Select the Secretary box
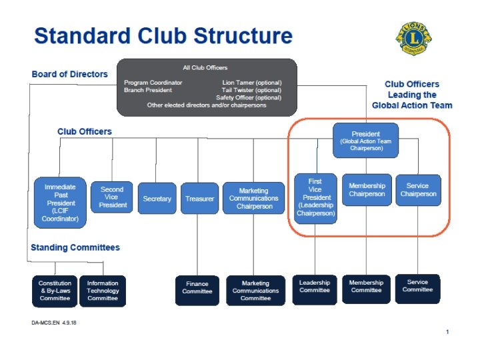(157, 199)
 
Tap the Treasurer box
(199, 199)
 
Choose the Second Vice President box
(112, 197)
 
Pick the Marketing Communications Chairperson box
(253, 199)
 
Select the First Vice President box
(315, 198)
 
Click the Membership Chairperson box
(367, 190)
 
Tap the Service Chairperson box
(418, 190)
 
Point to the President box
(366, 140)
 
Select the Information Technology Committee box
(103, 291)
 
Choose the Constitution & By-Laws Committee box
(55, 291)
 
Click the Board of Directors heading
(69, 74)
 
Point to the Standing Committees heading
(75, 247)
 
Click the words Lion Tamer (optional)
(251, 83)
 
